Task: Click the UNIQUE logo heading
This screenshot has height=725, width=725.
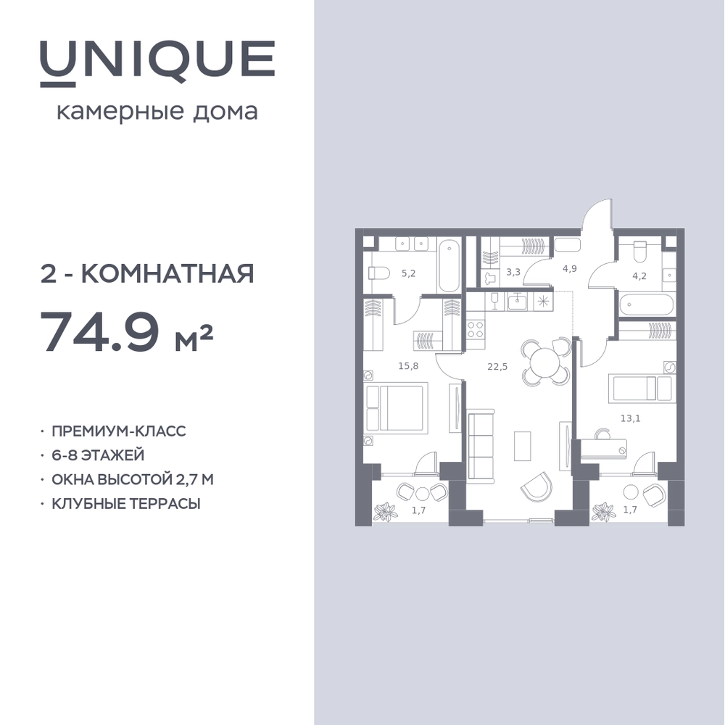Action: pyautogui.click(x=157, y=63)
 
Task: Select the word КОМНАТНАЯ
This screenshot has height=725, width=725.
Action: pyautogui.click(x=168, y=274)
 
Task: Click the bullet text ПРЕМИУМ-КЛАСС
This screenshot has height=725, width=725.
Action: pyautogui.click(x=118, y=431)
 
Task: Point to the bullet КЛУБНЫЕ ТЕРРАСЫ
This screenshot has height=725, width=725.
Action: pyautogui.click(x=125, y=503)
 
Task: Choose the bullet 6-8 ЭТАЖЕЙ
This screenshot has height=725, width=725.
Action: pyautogui.click(x=98, y=455)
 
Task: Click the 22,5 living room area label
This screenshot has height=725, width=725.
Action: pyautogui.click(x=497, y=367)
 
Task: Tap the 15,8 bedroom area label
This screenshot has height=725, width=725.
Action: pyautogui.click(x=408, y=366)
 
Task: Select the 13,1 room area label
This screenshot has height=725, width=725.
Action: pyautogui.click(x=630, y=418)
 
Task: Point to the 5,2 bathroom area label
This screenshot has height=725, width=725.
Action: pyautogui.click(x=408, y=273)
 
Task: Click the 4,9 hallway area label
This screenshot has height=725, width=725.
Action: pyautogui.click(x=569, y=269)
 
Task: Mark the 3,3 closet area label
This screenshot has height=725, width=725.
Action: pyautogui.click(x=513, y=272)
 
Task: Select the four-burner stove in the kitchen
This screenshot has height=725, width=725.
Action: pyautogui.click(x=476, y=330)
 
